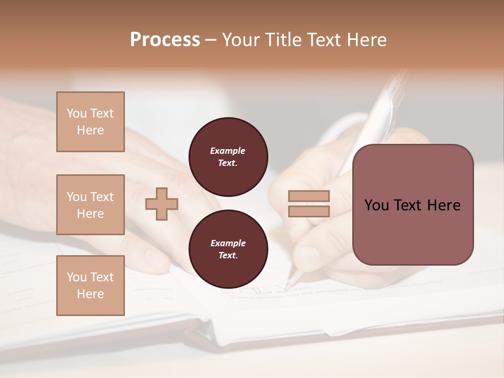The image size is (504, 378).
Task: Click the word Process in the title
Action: click(165, 40)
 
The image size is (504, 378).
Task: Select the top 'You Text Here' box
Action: click(90, 122)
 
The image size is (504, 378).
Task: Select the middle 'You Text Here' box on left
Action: click(90, 205)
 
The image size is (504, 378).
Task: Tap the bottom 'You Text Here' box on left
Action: click(90, 286)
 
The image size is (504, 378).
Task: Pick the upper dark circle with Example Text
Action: click(228, 157)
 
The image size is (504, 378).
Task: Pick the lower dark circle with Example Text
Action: click(228, 249)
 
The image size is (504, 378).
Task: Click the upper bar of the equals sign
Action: click(309, 196)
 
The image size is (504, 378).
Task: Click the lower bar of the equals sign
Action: click(309, 211)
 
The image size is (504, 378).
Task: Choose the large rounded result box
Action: click(413, 205)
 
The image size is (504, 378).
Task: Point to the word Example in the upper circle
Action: click(227, 151)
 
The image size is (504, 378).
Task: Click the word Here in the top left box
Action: click(90, 130)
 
